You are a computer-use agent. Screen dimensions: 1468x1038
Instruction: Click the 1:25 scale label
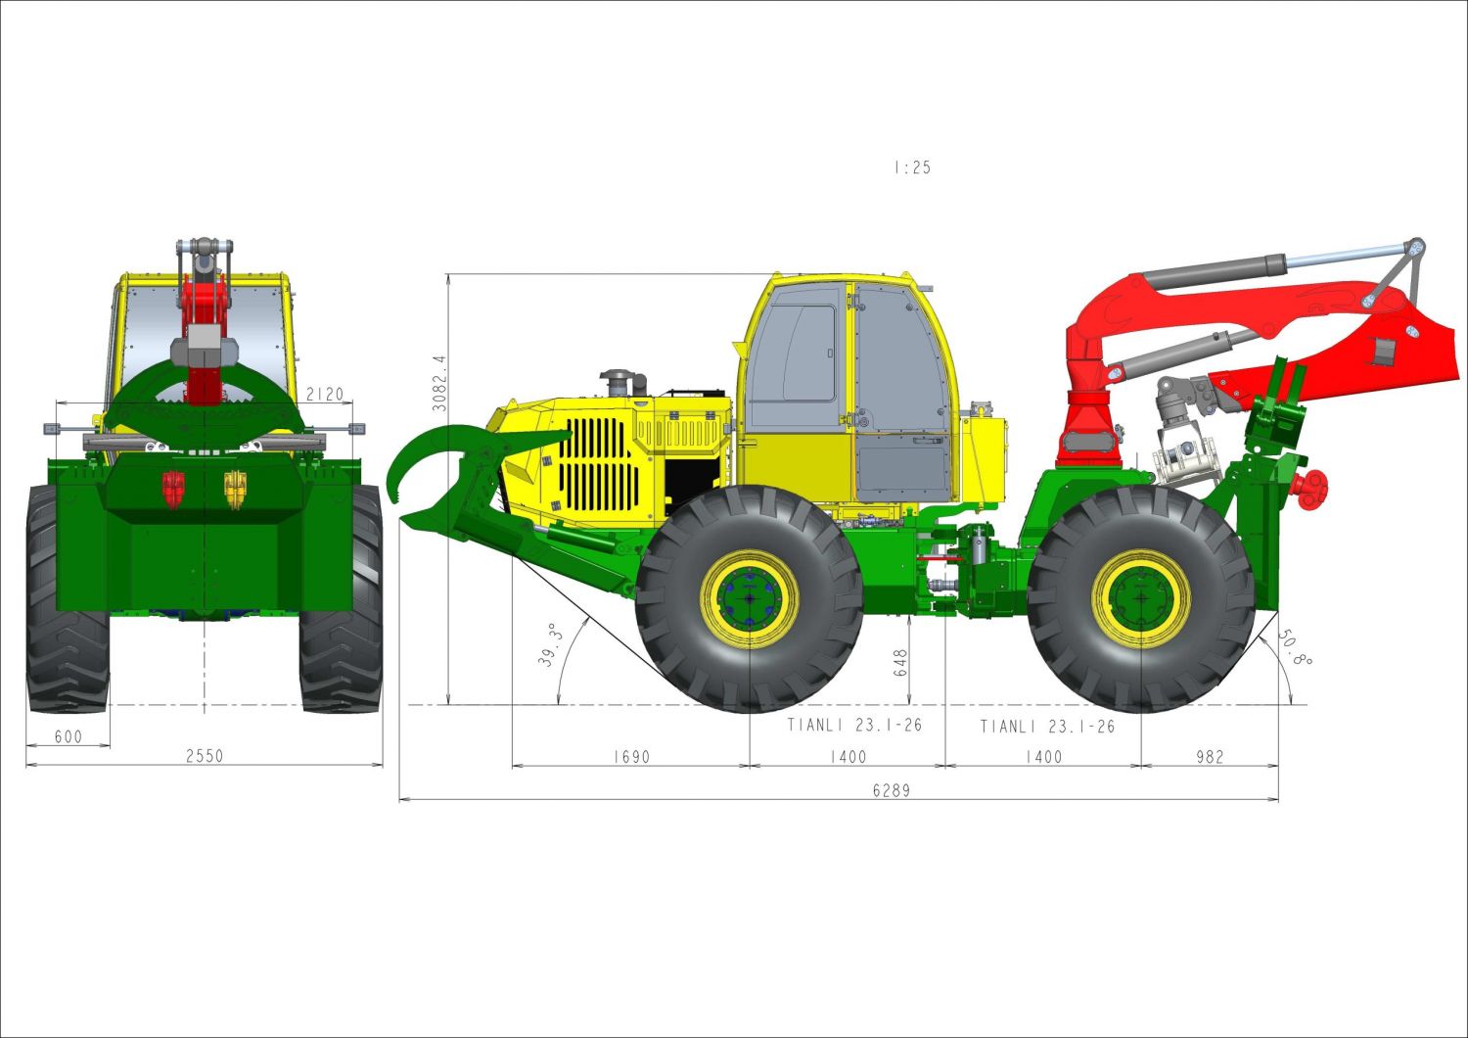pos(912,167)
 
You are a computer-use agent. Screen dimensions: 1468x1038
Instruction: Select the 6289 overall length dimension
pos(892,790)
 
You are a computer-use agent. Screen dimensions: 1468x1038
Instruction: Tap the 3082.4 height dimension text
pos(438,384)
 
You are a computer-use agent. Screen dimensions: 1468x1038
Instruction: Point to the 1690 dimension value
pos(631,757)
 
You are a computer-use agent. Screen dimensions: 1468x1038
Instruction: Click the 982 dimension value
pos(1210,757)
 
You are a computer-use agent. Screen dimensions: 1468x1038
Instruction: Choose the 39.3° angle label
pos(550,645)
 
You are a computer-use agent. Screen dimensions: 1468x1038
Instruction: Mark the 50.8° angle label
pos(1295,648)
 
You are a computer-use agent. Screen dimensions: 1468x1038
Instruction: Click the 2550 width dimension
pos(205,756)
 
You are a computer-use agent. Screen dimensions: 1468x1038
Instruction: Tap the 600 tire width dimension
pos(69,736)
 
